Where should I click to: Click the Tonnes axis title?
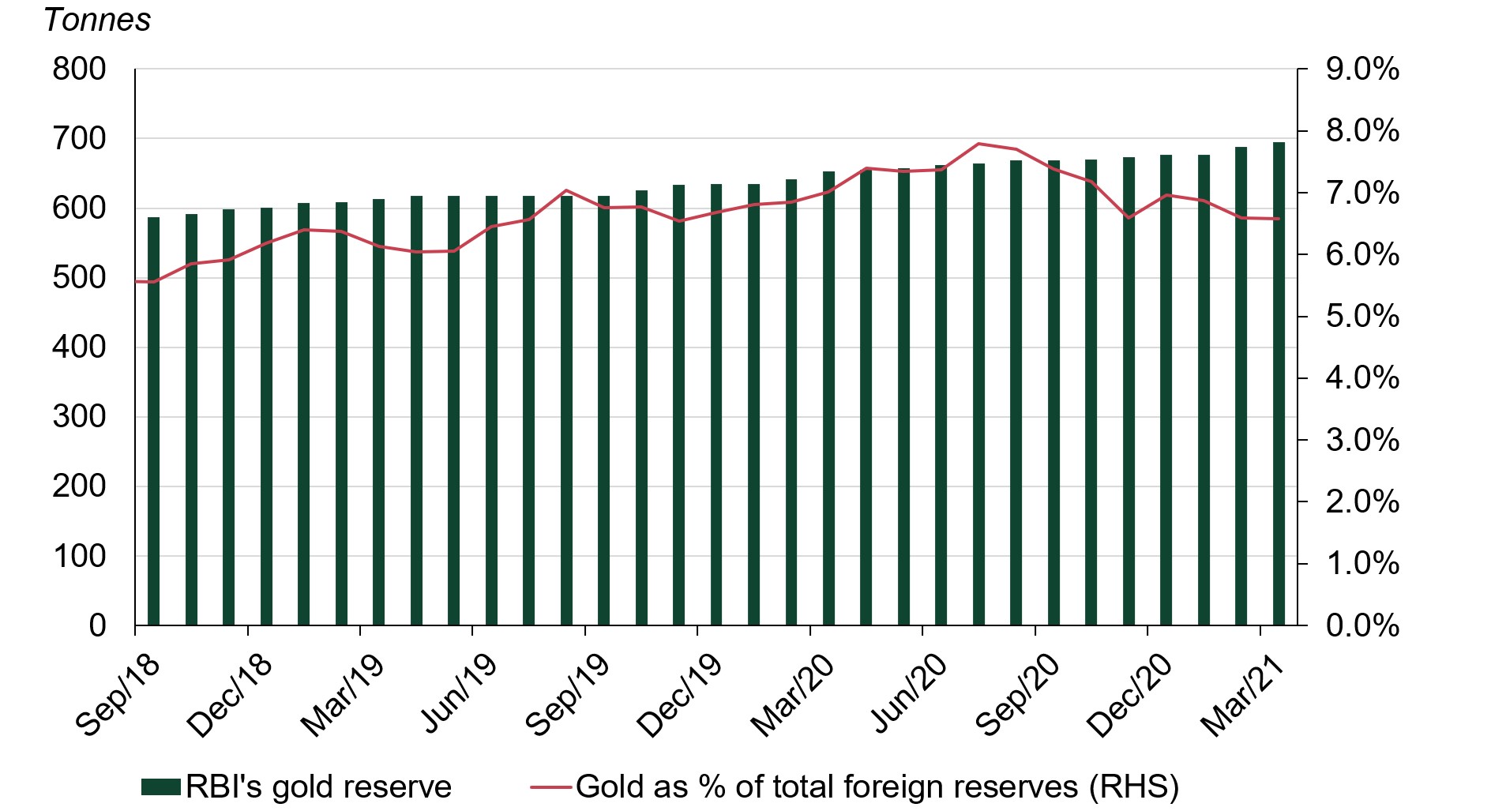[97, 20]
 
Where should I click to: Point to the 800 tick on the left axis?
[79, 69]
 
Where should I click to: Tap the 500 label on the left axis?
[79, 278]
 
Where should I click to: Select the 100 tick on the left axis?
[79, 556]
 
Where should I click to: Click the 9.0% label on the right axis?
[1362, 69]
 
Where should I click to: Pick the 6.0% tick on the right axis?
[1362, 255]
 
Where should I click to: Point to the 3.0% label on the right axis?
[1362, 440]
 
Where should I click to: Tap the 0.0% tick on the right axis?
[1362, 625]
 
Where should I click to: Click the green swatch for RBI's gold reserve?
[161, 787]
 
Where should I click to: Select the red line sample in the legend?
[550, 787]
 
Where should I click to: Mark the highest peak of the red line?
[978, 144]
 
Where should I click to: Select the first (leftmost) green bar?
[153, 421]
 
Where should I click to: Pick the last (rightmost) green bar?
[1279, 384]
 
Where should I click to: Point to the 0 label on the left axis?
[97, 625]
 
